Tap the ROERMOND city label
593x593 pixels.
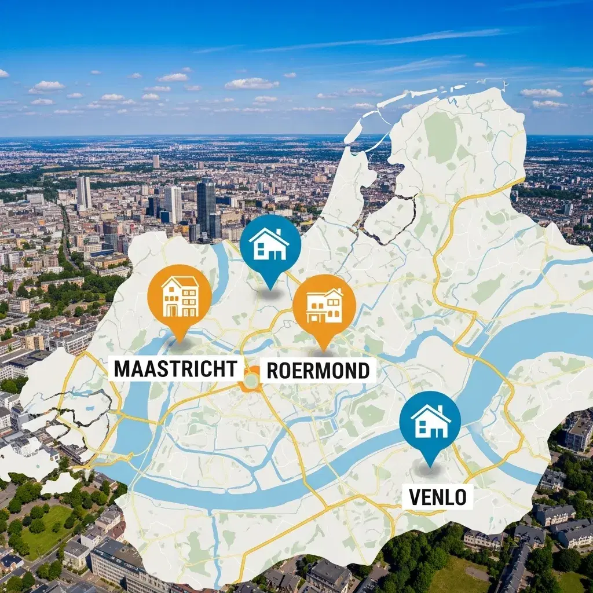click(318, 371)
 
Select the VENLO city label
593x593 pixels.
click(437, 496)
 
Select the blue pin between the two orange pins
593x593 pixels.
click(270, 244)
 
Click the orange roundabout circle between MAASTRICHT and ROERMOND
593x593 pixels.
click(251, 380)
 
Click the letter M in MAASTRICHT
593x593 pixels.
click(122, 369)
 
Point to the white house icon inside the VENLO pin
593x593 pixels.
click(430, 422)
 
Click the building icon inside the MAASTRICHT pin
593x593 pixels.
click(180, 296)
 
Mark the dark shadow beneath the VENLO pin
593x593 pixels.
click(429, 470)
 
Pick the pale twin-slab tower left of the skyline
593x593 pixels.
click(83, 192)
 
